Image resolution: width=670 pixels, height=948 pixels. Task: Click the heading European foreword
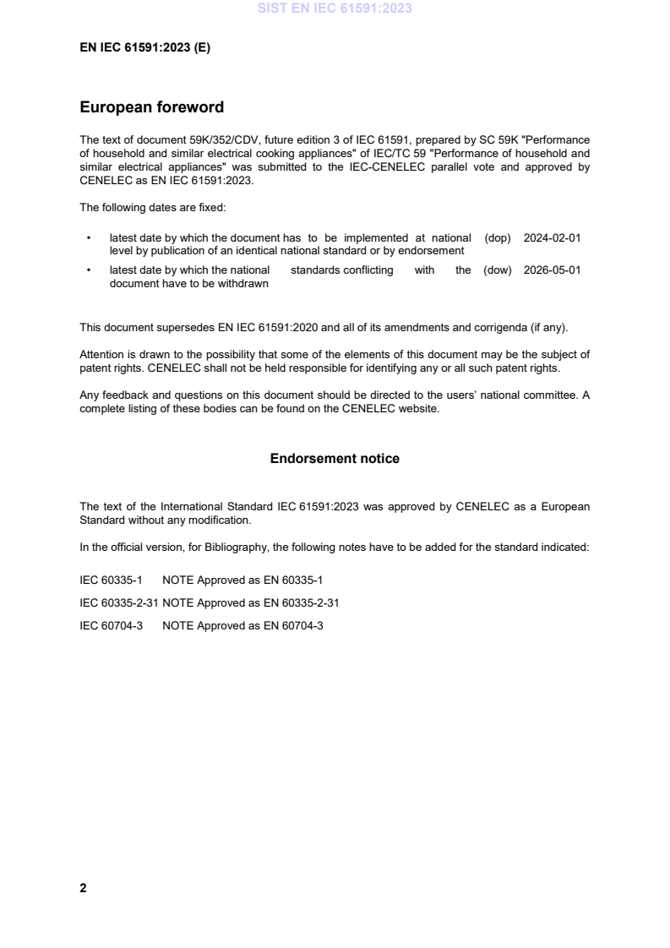(x=151, y=107)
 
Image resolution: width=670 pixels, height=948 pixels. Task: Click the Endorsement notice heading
(x=335, y=459)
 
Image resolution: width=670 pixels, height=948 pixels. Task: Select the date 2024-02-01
(x=552, y=238)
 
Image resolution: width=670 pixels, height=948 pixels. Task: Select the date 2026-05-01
(x=552, y=270)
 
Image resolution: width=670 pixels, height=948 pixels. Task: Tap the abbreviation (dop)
(x=498, y=238)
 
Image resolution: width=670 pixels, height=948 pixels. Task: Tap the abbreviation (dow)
(x=498, y=270)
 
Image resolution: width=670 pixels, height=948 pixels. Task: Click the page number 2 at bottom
(x=83, y=888)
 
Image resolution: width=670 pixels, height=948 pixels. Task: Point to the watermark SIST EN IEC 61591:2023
(x=335, y=10)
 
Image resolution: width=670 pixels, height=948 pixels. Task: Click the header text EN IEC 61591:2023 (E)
(x=144, y=48)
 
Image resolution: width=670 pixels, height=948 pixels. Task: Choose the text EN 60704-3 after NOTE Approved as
(x=296, y=627)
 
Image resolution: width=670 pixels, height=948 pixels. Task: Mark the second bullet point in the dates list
(x=89, y=270)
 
